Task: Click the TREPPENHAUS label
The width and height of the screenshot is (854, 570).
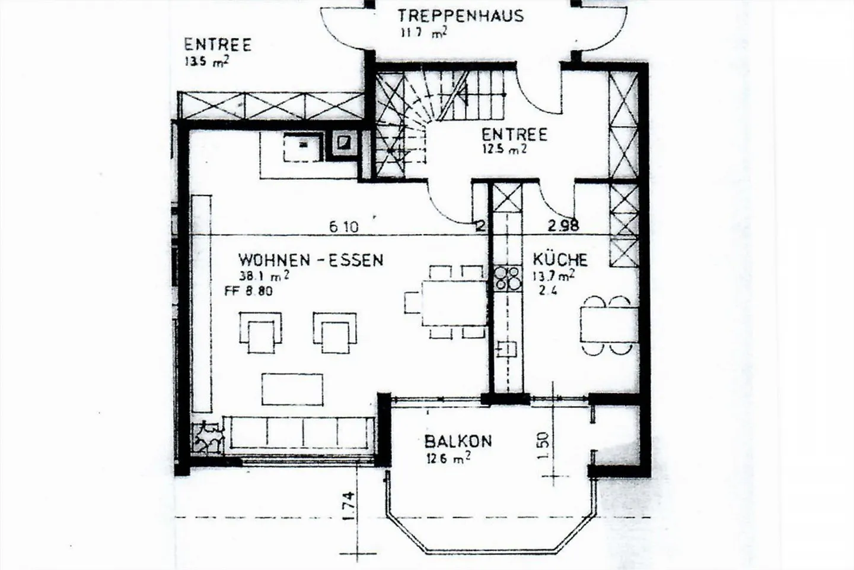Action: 460,15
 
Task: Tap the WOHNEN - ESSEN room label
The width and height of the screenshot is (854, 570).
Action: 311,259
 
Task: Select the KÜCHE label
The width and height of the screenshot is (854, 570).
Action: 560,259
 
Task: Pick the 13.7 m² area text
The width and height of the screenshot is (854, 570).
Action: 553,275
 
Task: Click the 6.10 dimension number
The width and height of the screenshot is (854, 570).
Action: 343,226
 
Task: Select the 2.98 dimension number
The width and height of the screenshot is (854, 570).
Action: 562,225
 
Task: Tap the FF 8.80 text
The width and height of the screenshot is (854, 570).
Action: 248,292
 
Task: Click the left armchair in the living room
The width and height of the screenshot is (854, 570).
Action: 261,332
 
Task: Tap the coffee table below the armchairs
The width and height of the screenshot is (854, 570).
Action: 292,388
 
